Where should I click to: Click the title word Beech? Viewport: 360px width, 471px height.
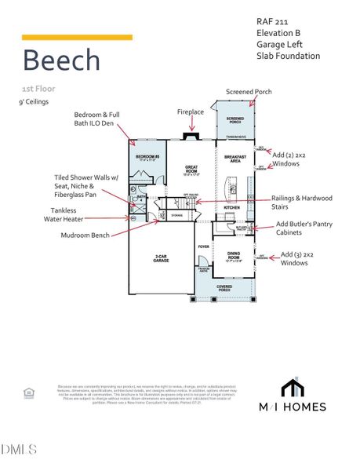[61, 60]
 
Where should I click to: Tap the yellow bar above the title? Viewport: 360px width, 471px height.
[77, 37]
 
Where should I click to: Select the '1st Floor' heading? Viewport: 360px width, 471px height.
[38, 89]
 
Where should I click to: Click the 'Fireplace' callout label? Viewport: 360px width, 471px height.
[191, 112]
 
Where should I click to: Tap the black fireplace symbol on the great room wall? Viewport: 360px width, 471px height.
[189, 137]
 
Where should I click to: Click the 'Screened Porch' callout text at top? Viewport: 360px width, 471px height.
[249, 92]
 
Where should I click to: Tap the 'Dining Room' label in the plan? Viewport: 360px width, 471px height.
[233, 254]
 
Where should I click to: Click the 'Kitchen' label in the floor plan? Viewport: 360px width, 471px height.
[231, 208]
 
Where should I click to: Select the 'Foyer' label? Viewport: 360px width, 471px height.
[203, 246]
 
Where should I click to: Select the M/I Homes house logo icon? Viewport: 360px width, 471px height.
[293, 389]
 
